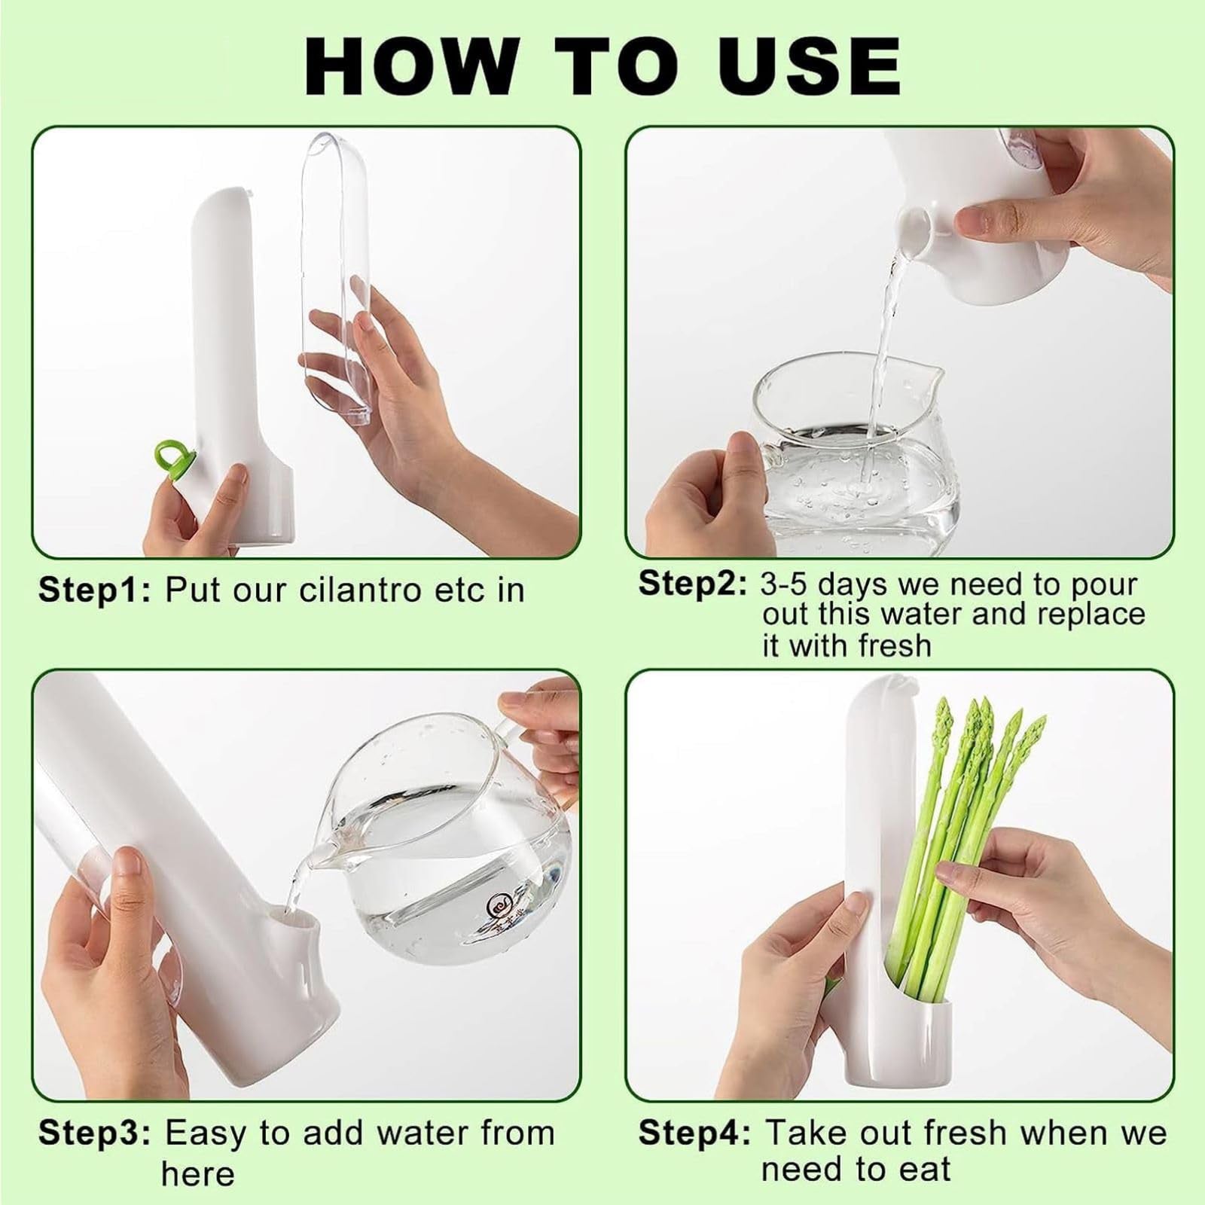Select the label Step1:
point(95,590)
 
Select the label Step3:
point(95,1133)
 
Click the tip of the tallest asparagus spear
point(942,703)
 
